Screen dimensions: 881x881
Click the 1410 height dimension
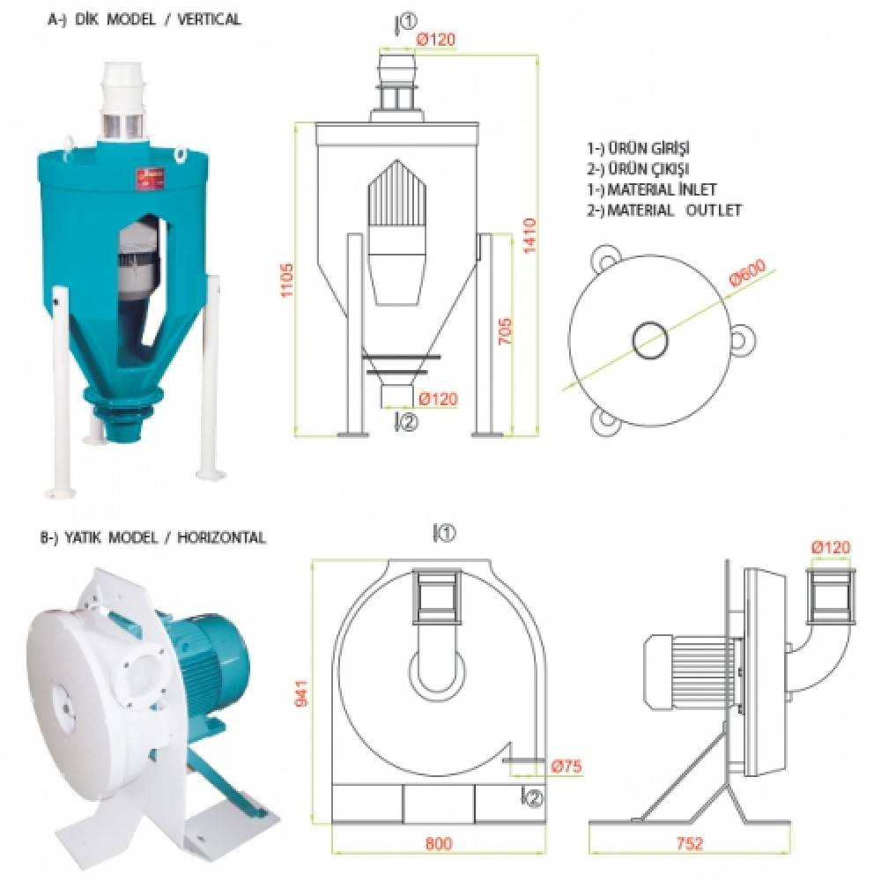(x=529, y=235)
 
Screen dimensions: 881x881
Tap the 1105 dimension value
(x=287, y=280)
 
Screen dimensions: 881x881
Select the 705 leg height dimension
(x=505, y=331)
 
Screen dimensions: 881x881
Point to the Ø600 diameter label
(x=747, y=272)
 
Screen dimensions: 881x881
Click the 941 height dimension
(x=301, y=693)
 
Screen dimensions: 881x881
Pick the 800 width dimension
(x=439, y=843)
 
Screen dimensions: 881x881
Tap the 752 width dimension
(x=690, y=843)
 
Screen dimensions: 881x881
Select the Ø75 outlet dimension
(x=566, y=766)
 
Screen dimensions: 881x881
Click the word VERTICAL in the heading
(x=209, y=19)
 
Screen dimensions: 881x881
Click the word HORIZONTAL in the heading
(x=221, y=537)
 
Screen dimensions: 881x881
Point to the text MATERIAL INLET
(x=663, y=189)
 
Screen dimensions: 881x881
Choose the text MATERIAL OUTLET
(x=674, y=211)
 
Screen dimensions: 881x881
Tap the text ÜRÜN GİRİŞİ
(x=649, y=148)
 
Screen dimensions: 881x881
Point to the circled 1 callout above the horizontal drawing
(x=444, y=533)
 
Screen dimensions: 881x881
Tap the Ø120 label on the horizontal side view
(x=831, y=547)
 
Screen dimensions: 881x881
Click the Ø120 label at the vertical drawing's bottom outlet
(x=438, y=399)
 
